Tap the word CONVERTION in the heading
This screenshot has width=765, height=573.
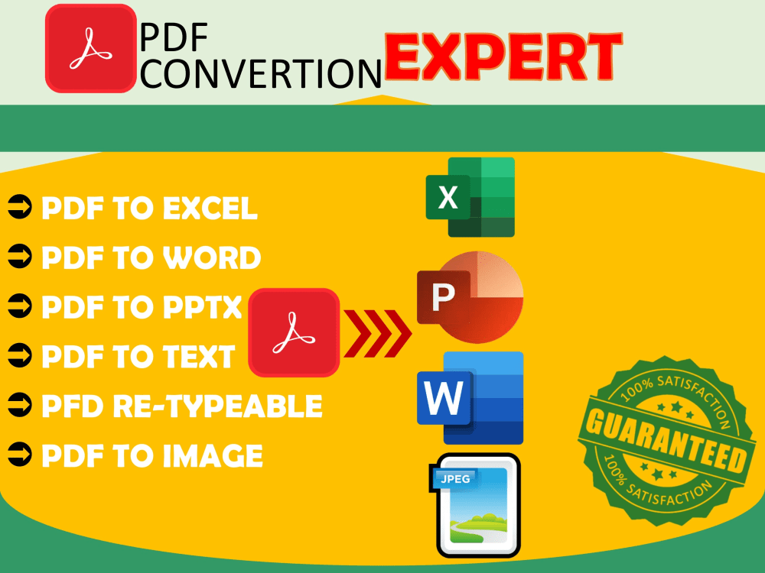coord(260,73)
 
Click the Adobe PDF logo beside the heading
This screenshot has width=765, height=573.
coord(92,47)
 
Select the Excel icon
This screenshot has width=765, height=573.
coord(470,197)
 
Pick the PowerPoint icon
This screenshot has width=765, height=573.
coord(470,296)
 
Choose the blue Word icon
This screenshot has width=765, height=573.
coord(470,398)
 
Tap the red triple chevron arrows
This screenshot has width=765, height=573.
coord(376,333)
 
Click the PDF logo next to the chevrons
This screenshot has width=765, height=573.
coord(294,332)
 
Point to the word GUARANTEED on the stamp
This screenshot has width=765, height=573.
coord(663,443)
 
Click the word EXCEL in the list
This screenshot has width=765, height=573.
coord(210,209)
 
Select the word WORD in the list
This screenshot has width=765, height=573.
coord(211,258)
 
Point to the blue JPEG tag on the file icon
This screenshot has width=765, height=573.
coord(457,479)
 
